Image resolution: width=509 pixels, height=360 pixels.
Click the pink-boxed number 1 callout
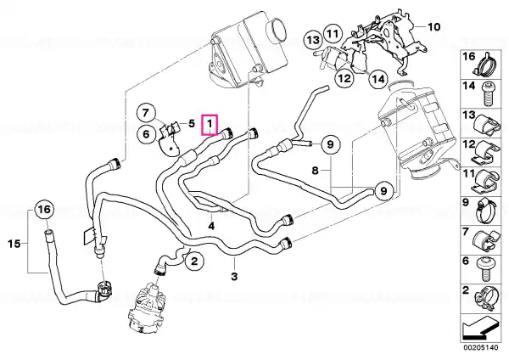tap(210, 125)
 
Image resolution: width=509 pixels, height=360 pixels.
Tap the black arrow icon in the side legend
tap(481, 329)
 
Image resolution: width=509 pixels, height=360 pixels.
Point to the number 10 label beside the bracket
tap(433, 26)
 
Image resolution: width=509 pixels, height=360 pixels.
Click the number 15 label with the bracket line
tap(14, 244)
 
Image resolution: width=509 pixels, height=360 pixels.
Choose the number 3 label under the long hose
tap(234, 277)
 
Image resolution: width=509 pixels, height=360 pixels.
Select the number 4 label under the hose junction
tap(211, 226)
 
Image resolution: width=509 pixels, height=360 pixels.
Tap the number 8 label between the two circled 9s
tap(315, 171)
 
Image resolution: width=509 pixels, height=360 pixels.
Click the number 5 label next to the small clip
tap(192, 123)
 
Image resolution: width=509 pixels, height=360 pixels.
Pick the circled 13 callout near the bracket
tap(313, 40)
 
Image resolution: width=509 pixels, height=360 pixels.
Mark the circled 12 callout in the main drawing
tap(344, 78)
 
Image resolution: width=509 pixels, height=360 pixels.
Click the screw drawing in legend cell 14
tap(488, 94)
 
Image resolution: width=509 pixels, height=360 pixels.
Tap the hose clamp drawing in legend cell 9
tap(485, 211)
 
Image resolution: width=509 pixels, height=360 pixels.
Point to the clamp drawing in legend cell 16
tap(484, 65)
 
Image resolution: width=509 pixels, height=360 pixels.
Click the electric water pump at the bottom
tap(147, 307)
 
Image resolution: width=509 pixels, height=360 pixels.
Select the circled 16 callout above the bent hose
tap(44, 210)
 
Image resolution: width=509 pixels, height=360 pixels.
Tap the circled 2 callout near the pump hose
tap(193, 261)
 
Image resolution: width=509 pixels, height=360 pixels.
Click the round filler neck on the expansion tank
tap(277, 29)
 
